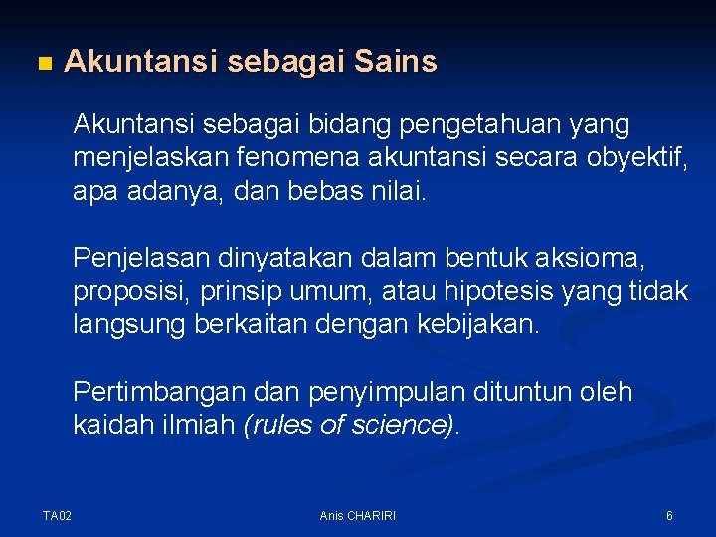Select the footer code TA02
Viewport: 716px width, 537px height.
(58, 516)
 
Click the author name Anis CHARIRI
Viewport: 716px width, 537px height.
(358, 516)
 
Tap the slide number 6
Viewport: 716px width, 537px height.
(669, 516)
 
